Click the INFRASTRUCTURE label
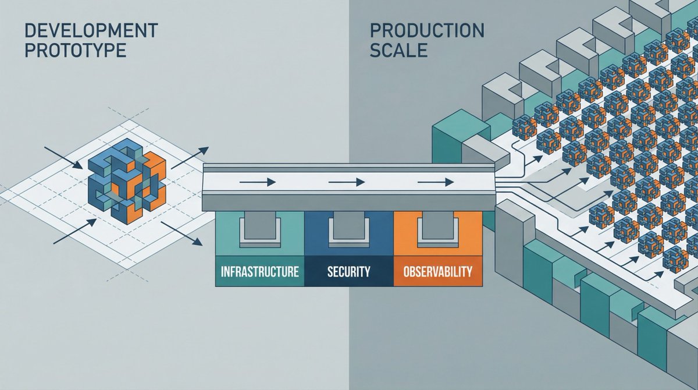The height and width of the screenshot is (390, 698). coord(260,271)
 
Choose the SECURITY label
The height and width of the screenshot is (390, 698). coord(349,271)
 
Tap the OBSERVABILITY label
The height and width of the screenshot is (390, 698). coord(438,271)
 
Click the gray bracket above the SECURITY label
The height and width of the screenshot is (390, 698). coord(349,230)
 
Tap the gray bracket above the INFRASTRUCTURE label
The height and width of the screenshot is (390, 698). coord(260,230)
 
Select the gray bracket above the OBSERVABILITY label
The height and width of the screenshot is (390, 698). coord(438,230)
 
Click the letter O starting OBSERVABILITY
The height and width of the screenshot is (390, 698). coord(405,271)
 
